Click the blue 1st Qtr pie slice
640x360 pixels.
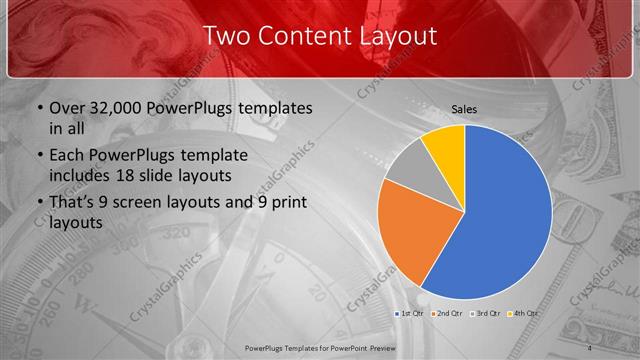(505, 220)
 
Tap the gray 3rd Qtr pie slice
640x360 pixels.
(409, 169)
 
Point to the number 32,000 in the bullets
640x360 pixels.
(117, 108)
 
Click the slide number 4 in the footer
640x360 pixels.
(590, 347)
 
